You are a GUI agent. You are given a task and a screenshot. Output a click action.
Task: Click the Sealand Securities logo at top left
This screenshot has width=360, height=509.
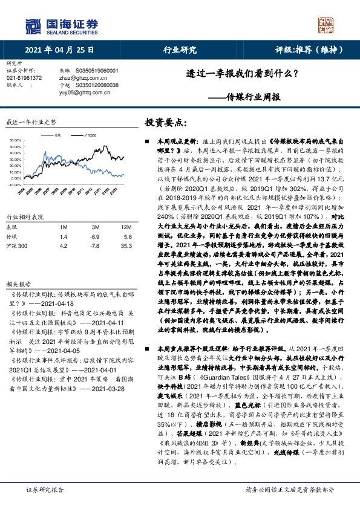pos(61,25)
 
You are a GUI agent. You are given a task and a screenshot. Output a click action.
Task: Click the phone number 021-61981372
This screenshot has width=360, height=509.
pos(24,77)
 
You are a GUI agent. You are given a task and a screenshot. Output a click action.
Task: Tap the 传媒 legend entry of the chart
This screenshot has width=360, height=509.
pos(58,136)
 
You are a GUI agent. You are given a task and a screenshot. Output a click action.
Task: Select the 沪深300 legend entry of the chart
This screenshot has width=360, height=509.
pos(91,136)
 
